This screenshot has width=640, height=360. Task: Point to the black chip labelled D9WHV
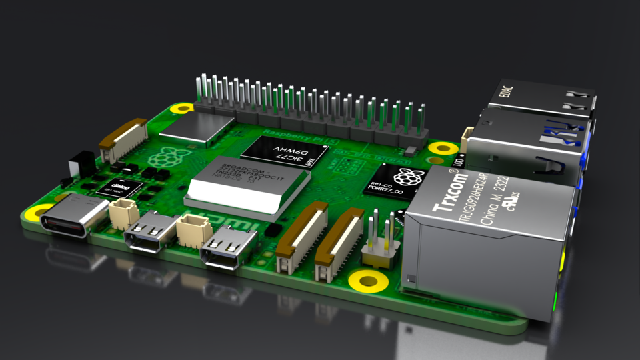tap(285, 155)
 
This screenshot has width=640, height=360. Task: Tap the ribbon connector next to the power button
tap(122, 139)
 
